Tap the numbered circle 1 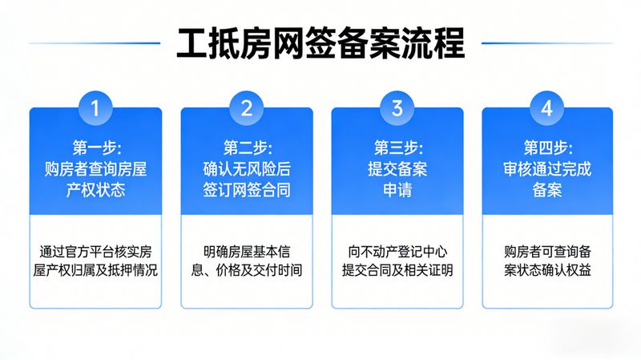[95, 108]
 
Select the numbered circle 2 [247, 108]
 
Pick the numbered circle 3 [397, 108]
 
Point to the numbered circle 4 [547, 108]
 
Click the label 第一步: [96, 148]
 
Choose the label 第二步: [247, 148]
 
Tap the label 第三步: [397, 148]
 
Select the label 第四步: [548, 148]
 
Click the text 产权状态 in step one [96, 191]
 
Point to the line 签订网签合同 [247, 191]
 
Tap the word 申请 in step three [397, 191]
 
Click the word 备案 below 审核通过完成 [548, 191]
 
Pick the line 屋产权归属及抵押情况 [96, 269]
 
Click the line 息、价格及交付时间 [247, 269]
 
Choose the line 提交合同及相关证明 [397, 269]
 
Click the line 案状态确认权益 [548, 269]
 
